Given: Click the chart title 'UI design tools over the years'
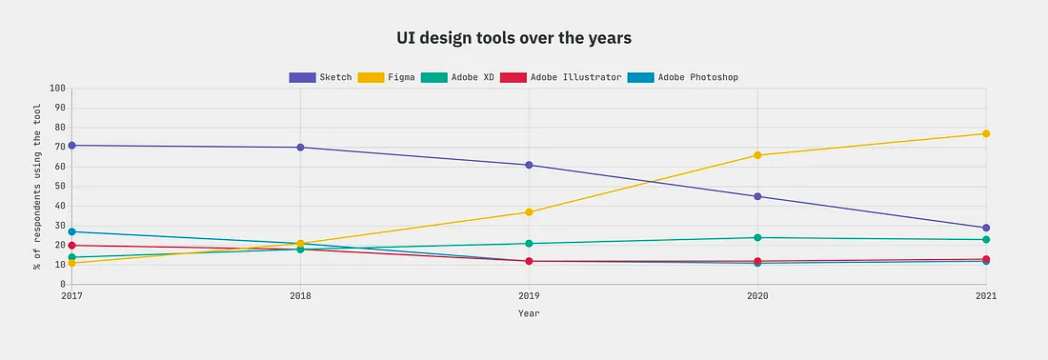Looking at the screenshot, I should (514, 38).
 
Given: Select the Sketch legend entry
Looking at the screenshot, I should (320, 77).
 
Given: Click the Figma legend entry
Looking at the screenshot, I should (385, 77).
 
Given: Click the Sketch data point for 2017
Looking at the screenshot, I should (71, 145).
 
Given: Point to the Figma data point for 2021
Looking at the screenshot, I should (986, 133).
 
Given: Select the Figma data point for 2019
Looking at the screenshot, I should (529, 211).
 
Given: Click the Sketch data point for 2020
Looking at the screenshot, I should (757, 196).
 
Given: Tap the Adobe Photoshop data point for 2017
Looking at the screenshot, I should (71, 231).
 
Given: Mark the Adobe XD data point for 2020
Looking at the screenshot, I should (757, 237).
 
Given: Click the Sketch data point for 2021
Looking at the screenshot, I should (986, 228).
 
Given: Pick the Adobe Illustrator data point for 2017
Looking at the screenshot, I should (71, 246).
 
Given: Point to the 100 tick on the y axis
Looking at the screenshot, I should (55, 89).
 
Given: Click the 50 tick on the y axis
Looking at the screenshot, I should (58, 187).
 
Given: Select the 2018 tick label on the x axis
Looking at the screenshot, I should (300, 296).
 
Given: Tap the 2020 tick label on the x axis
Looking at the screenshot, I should (757, 296).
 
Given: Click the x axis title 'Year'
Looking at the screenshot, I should (529, 312).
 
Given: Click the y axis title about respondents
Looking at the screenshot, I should (38, 186).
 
